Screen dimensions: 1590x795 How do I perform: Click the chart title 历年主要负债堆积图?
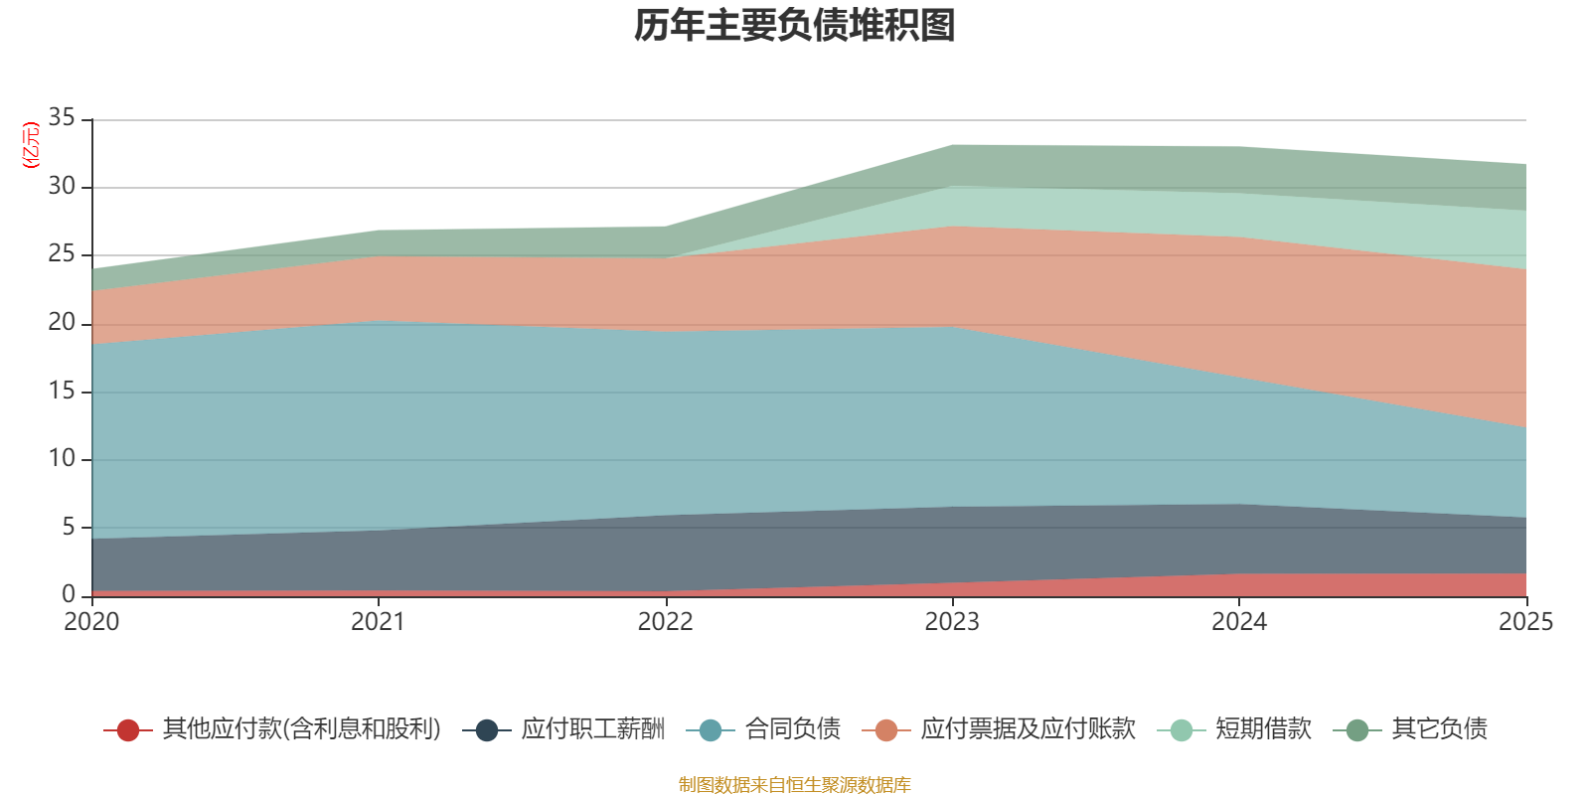click(794, 26)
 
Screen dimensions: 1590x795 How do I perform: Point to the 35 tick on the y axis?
click(62, 117)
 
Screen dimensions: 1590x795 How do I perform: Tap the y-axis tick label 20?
click(62, 322)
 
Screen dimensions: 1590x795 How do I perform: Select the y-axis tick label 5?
click(69, 527)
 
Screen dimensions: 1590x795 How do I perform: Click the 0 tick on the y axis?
click(69, 593)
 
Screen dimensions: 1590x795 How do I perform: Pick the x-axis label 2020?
click(91, 622)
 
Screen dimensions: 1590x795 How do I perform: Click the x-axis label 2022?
click(665, 622)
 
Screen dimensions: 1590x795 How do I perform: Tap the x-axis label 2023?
click(952, 622)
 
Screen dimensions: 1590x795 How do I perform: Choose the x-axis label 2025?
click(1526, 622)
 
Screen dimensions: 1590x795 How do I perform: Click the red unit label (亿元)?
click(31, 145)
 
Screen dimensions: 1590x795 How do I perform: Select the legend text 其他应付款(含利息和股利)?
click(302, 729)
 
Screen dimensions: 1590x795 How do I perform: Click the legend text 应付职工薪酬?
click(592, 729)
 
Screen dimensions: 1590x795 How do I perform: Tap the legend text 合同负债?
click(793, 729)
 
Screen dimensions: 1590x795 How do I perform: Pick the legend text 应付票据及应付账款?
click(1029, 729)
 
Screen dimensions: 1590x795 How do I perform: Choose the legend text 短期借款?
click(1263, 729)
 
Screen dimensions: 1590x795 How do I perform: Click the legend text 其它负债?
click(1440, 729)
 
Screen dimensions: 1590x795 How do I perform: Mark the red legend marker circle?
click(128, 730)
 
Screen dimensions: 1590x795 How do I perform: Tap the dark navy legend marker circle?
click(486, 730)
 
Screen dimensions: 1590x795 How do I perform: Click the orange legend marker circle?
click(885, 730)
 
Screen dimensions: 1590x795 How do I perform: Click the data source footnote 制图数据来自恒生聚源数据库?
click(794, 784)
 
